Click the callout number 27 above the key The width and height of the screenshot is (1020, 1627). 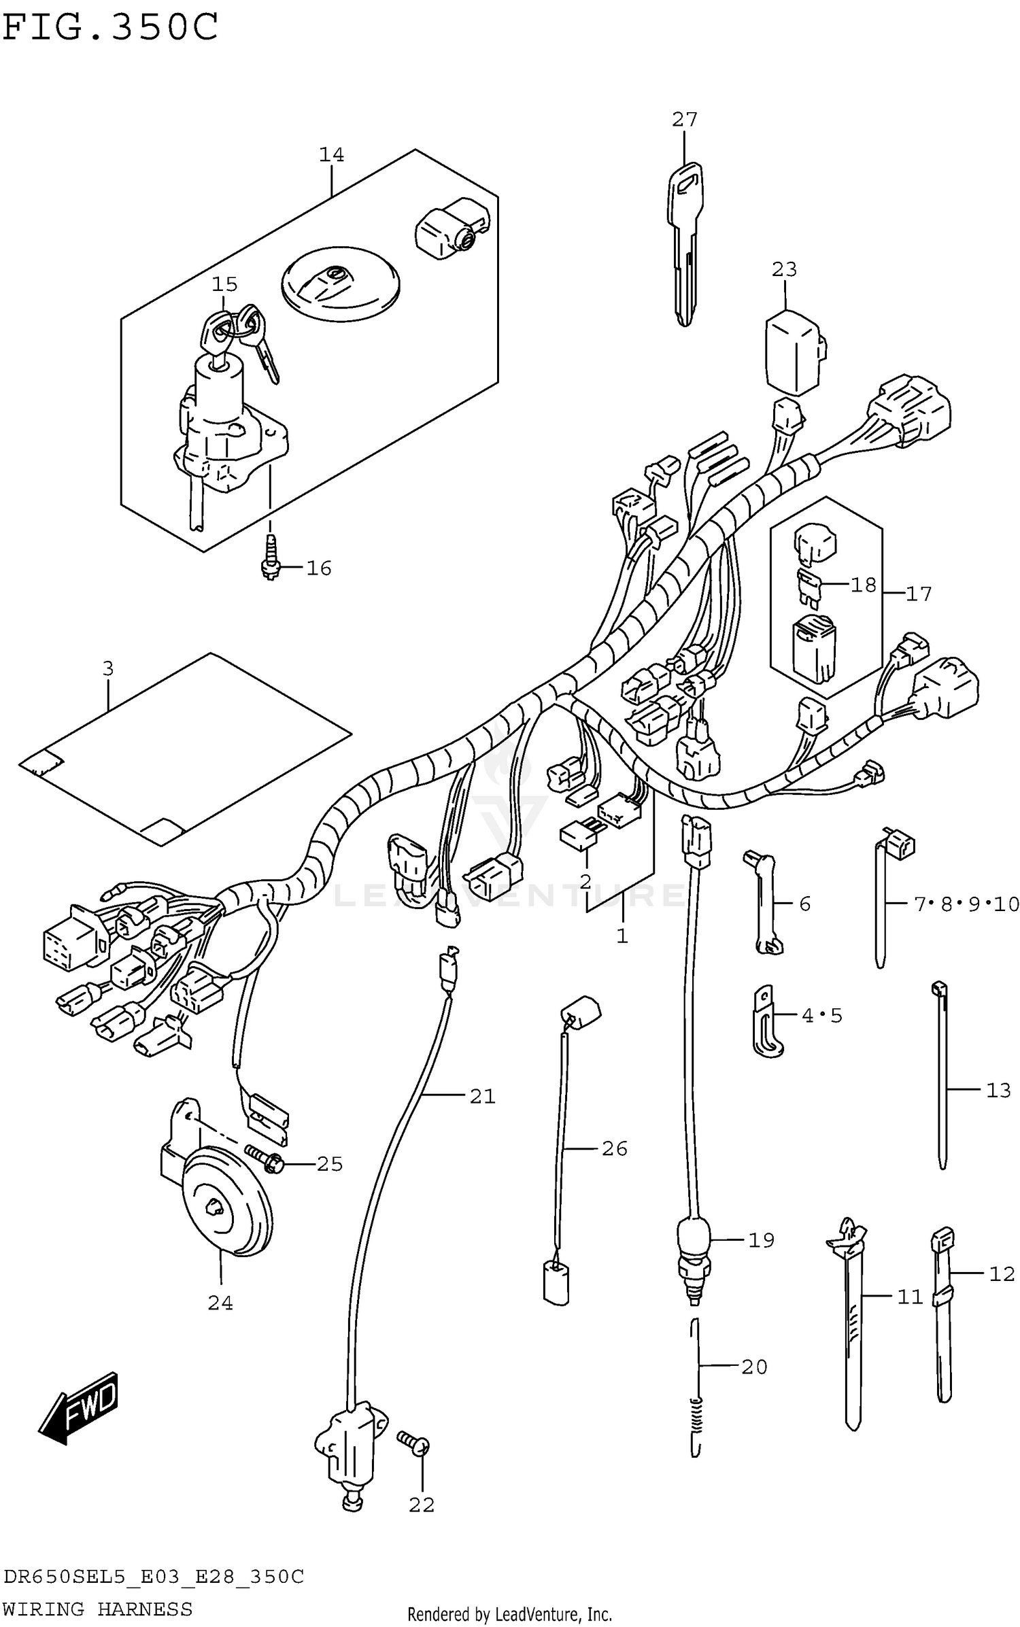coord(684,120)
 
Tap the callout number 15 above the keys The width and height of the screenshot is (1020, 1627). coord(224,284)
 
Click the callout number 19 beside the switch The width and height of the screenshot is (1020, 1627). coord(761,1240)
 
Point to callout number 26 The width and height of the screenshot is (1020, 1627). coord(614,1148)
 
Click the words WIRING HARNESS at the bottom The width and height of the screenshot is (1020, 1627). coord(97,1609)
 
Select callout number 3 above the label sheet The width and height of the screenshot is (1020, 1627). coord(108,668)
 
